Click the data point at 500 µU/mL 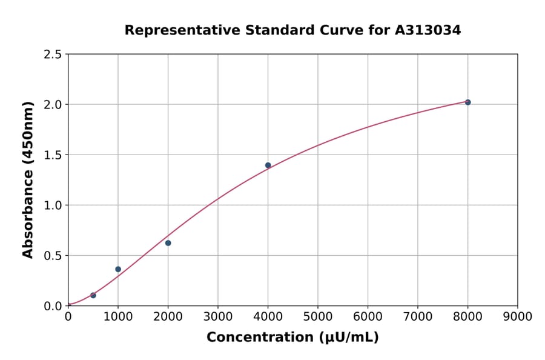(93, 295)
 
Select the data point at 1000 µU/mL (118, 269)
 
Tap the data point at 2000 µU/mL (168, 243)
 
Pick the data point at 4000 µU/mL (268, 165)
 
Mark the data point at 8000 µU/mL (467, 102)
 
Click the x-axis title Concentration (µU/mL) (292, 338)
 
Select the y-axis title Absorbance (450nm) (28, 180)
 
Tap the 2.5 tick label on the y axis (53, 55)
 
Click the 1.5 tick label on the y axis (53, 155)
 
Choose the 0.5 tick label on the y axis (53, 256)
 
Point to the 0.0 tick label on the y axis (53, 306)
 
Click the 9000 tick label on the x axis (517, 317)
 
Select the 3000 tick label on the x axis (218, 317)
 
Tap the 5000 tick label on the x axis (318, 317)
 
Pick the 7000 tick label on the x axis (418, 317)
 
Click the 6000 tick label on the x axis (368, 317)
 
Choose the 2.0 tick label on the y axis (53, 105)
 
